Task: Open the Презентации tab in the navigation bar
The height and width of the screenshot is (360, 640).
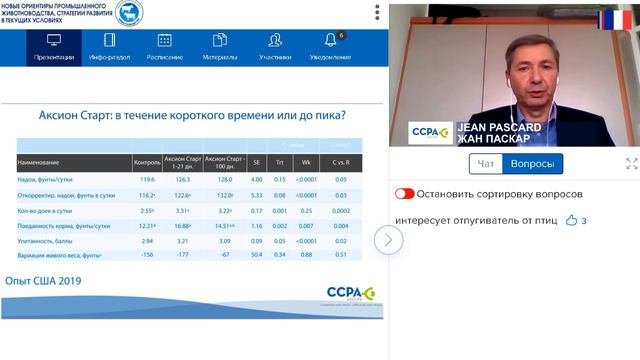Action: coord(53,46)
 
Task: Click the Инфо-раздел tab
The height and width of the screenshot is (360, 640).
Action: coord(109,46)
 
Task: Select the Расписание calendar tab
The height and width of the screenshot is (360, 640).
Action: coord(164,46)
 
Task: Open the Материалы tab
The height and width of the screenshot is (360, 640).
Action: coord(219,46)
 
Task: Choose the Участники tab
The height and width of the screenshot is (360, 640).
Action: coord(274,46)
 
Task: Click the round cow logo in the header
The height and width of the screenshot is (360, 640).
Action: coord(129,13)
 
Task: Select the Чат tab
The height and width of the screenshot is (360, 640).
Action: coord(486,164)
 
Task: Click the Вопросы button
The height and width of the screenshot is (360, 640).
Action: coord(532,164)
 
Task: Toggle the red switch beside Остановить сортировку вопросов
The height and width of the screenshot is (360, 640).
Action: coord(404,194)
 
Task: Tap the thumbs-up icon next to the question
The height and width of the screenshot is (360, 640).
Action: coord(571,220)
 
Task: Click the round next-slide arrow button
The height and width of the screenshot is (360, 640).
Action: coord(388,239)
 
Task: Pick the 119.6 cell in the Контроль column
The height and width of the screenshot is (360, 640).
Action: coord(146,180)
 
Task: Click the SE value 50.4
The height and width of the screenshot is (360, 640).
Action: coord(257,255)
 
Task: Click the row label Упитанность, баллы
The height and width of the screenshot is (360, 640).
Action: coord(50,240)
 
